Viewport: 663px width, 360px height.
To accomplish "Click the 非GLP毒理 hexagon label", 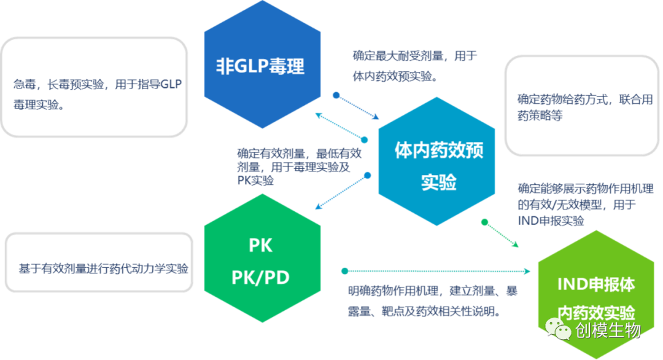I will (x=261, y=66).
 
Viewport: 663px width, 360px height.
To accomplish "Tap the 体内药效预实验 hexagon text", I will (x=439, y=165).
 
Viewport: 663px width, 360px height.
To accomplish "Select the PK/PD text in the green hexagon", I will (x=261, y=278).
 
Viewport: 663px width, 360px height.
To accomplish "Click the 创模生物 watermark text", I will (x=608, y=331).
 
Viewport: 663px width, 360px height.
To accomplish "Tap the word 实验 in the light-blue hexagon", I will (x=439, y=182).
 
